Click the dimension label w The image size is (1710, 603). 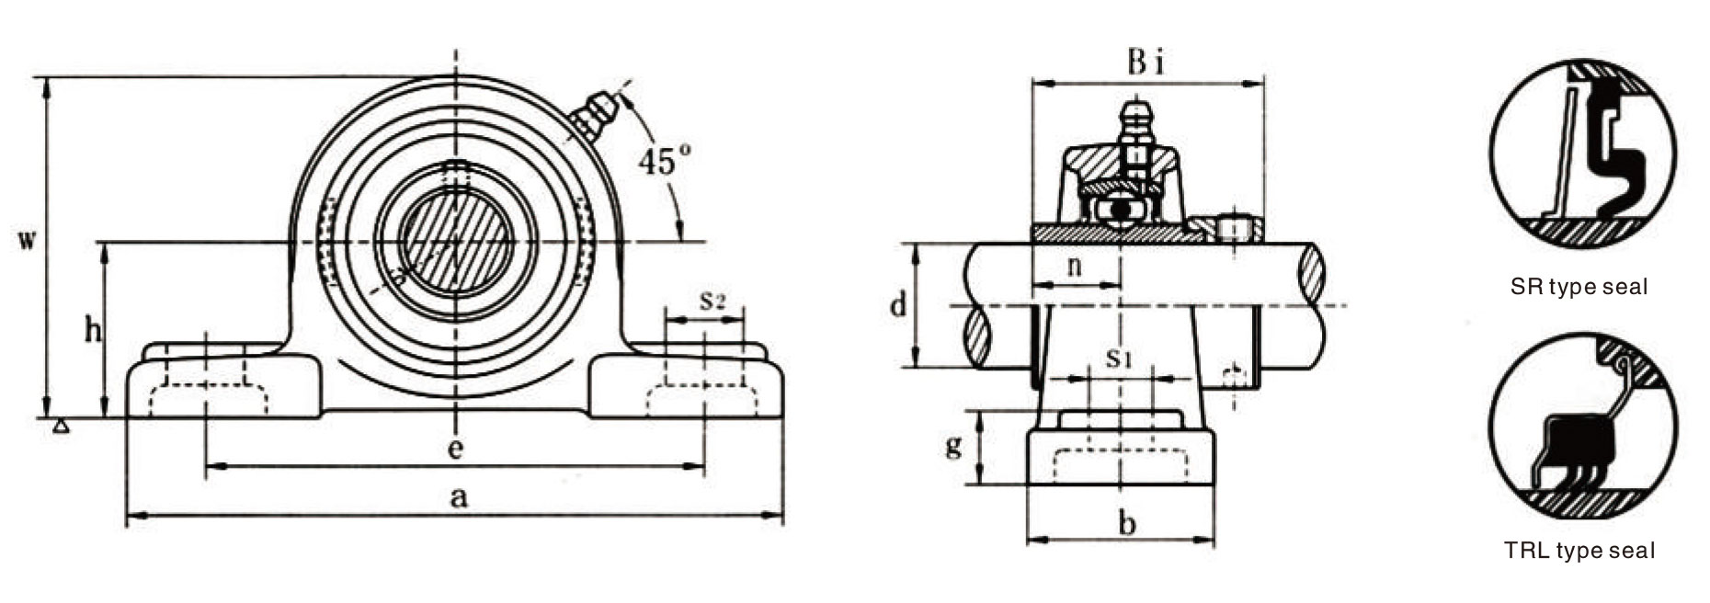pyautogui.click(x=28, y=242)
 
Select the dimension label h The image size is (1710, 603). pyautogui.click(x=93, y=329)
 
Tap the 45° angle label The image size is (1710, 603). pyautogui.click(x=665, y=163)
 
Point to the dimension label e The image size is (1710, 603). pyautogui.click(x=455, y=449)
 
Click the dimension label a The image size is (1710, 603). pyautogui.click(x=458, y=498)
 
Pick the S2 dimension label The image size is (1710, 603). pyautogui.click(x=712, y=300)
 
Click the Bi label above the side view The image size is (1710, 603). pyautogui.click(x=1146, y=63)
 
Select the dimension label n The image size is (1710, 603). pyautogui.click(x=1073, y=267)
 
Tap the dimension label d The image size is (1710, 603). pyautogui.click(x=898, y=304)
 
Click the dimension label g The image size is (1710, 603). pyautogui.click(x=954, y=446)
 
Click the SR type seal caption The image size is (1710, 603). pyautogui.click(x=1579, y=287)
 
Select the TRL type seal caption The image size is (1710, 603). pyautogui.click(x=1579, y=551)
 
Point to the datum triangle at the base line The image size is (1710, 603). pyautogui.click(x=61, y=426)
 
